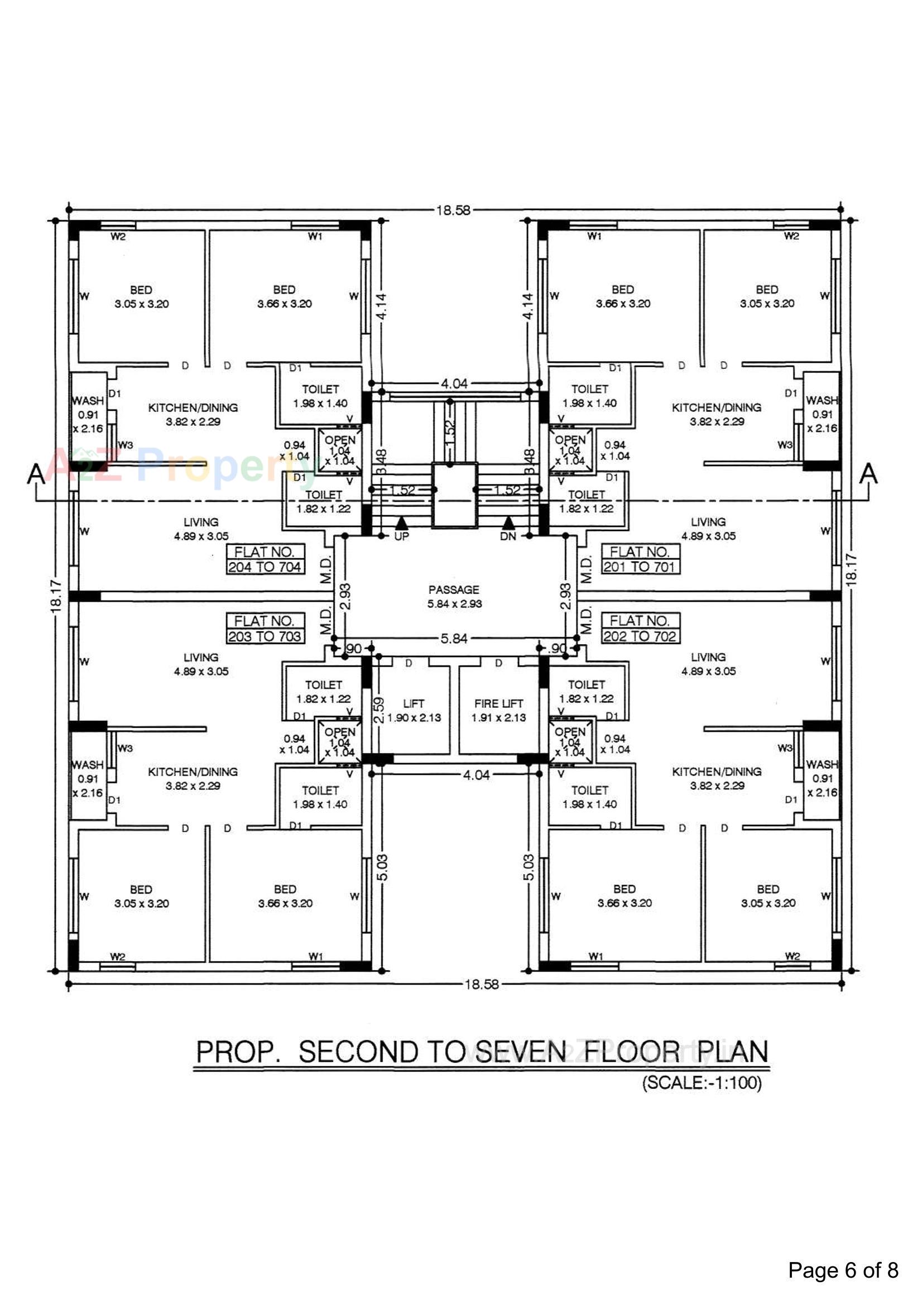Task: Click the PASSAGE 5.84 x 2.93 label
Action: pos(454,597)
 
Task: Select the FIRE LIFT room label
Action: pos(498,710)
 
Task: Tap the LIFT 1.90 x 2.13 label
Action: pos(413,711)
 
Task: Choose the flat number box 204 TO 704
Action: pos(265,559)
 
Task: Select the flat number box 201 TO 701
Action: pos(640,559)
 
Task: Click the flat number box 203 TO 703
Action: pos(265,628)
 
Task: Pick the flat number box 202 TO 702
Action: pos(640,628)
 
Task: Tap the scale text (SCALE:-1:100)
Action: pos(702,1082)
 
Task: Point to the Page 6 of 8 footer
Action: pos(842,1270)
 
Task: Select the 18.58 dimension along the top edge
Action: pos(453,210)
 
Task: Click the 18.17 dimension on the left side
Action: pos(56,596)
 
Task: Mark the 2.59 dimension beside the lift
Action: pos(379,710)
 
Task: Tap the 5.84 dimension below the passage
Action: pos(454,639)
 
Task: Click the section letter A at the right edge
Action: pos(868,474)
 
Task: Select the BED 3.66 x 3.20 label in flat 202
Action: pos(624,896)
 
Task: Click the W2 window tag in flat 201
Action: pos(791,236)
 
